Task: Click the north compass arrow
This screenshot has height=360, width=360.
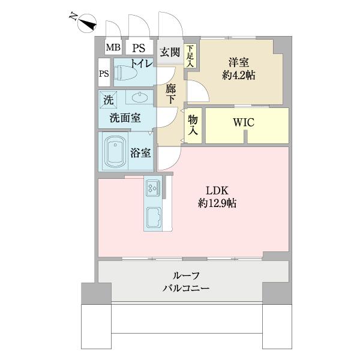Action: (89, 23)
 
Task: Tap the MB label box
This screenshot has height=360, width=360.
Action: (113, 48)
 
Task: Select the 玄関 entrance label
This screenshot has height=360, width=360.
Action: (170, 52)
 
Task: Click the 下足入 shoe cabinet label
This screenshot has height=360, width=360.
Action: (190, 56)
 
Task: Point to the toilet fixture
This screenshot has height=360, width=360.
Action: (125, 73)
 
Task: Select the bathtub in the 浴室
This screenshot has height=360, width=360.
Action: (115, 152)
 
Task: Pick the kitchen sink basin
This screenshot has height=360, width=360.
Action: (152, 217)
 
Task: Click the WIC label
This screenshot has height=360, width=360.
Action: (244, 122)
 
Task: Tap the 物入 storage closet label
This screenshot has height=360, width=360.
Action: (193, 125)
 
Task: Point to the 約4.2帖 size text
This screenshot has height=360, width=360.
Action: (238, 76)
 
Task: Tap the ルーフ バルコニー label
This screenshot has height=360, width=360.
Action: (186, 282)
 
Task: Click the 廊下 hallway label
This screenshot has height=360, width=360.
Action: (170, 94)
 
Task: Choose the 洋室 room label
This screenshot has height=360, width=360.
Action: (238, 62)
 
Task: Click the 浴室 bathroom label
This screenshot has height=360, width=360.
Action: (141, 153)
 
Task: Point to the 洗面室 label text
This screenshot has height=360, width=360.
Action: (125, 118)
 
